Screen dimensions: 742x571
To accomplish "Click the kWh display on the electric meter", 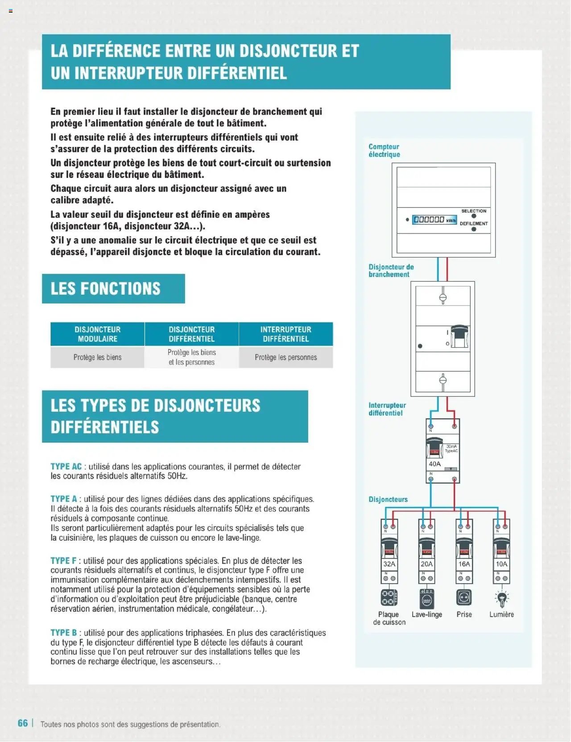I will [434, 220].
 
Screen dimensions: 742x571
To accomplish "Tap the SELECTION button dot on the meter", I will [474, 216].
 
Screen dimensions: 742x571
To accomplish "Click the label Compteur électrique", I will [384, 150].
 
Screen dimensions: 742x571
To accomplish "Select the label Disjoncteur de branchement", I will [391, 271].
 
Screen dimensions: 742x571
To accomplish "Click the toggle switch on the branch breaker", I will [459, 337].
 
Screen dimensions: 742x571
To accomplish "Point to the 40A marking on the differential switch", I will [434, 464].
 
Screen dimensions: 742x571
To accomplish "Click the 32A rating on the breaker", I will [389, 564].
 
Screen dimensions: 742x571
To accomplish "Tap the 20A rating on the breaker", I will [426, 564].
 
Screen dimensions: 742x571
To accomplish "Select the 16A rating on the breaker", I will [464, 564].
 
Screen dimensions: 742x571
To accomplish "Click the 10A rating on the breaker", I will [501, 564].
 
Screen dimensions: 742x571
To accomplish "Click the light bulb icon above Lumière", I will [502, 598].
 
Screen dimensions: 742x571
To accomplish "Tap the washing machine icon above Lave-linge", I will [426, 598].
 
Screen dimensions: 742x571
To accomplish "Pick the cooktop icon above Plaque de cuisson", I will [389, 597].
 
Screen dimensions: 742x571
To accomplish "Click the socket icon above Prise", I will [464, 597].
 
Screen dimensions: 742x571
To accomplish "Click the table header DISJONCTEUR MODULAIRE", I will [97, 334].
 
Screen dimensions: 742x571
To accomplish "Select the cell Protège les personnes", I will [285, 357].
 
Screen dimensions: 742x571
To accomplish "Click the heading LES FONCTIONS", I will [105, 289].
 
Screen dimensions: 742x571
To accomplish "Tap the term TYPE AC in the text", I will [66, 467].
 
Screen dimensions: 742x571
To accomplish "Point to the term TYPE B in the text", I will [63, 633].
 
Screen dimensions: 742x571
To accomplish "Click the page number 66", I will [23, 723].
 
